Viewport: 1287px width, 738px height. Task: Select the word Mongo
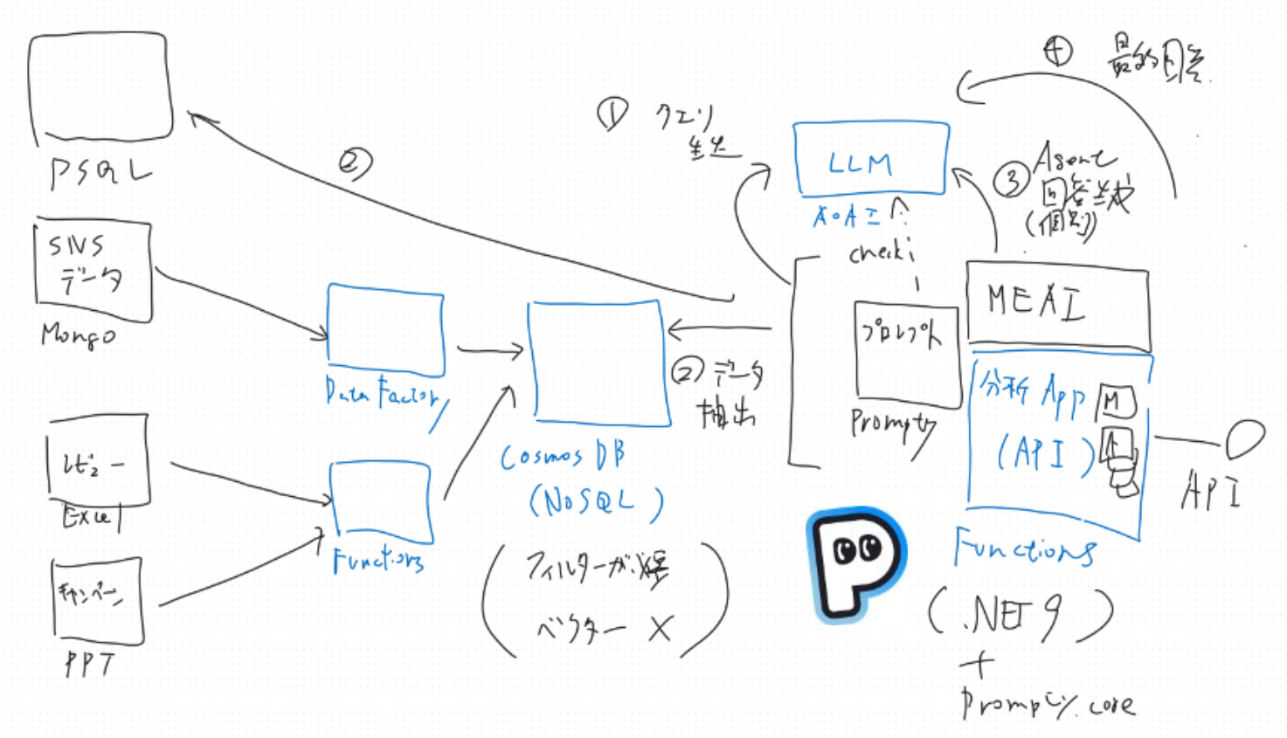coord(78,335)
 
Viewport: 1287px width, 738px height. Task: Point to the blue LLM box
coord(870,158)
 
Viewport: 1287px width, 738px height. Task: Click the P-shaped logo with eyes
coord(855,563)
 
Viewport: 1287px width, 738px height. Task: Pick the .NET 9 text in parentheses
coord(1019,613)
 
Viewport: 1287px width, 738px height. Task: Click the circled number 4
coord(1058,51)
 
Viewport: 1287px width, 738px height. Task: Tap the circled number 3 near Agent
coord(1011,181)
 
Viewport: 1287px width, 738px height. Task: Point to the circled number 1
coord(612,114)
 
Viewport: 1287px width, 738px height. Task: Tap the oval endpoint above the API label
coord(1244,438)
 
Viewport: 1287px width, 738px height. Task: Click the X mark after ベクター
coord(661,627)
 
